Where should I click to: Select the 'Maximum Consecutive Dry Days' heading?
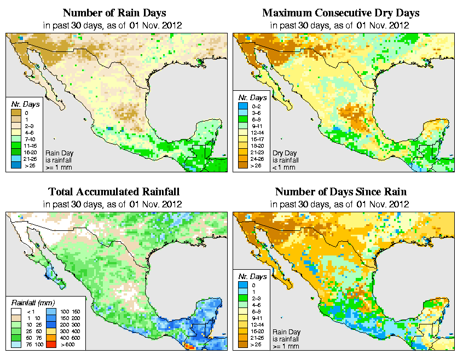[x=340, y=13]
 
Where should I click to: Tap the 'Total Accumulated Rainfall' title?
[x=114, y=192]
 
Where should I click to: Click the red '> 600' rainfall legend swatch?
[x=50, y=345]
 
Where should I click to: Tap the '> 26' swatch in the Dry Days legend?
[x=242, y=165]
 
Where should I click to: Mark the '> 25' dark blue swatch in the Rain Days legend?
[x=15, y=165]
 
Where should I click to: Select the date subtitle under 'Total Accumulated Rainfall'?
[x=113, y=205]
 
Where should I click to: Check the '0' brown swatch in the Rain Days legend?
[x=15, y=113]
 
